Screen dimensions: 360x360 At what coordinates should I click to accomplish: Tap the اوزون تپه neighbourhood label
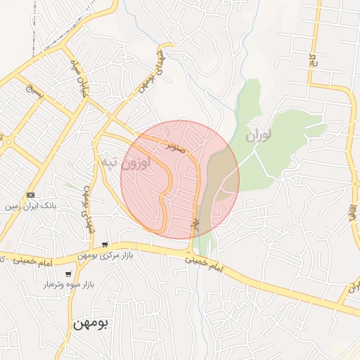(x=124, y=164)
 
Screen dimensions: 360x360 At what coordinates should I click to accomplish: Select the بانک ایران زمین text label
(x=30, y=207)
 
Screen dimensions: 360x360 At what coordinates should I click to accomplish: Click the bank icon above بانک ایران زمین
(x=30, y=195)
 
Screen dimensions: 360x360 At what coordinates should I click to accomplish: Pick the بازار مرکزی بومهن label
(x=105, y=255)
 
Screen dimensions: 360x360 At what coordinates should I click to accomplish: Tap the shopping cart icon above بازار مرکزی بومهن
(x=105, y=244)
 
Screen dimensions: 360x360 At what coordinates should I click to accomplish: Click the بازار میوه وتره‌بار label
(x=69, y=284)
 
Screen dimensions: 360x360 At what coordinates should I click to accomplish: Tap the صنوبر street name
(x=176, y=146)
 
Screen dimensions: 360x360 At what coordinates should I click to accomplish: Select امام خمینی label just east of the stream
(x=208, y=264)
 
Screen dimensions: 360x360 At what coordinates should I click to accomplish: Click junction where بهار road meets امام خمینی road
(x=189, y=252)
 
